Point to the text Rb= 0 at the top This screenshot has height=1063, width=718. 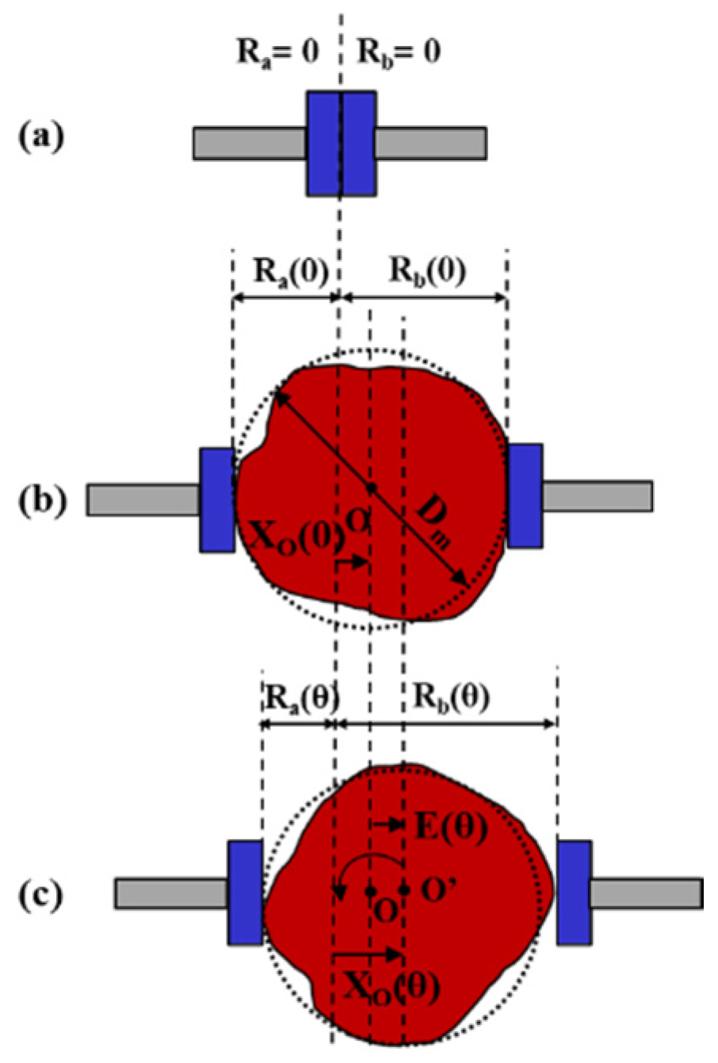click(x=399, y=53)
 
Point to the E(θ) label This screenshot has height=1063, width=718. click(x=449, y=827)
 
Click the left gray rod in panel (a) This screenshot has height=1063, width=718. click(x=250, y=143)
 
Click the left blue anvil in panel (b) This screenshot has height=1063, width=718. click(x=216, y=499)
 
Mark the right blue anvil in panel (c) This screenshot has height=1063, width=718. click(x=573, y=893)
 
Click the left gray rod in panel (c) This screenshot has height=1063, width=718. click(x=171, y=893)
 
